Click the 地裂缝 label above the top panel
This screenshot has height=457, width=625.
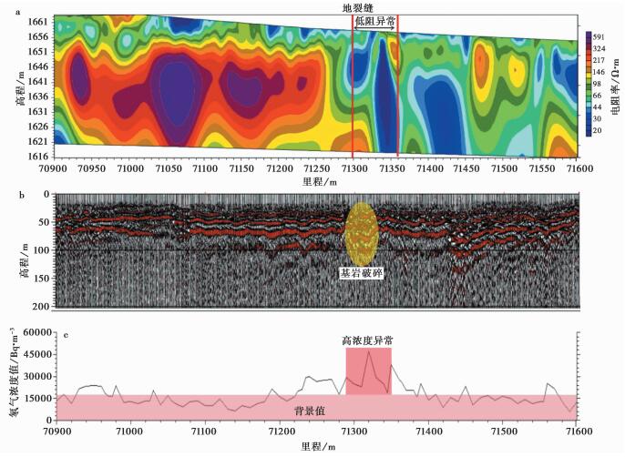(x=369, y=7)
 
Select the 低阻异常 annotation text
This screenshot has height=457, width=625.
(x=374, y=19)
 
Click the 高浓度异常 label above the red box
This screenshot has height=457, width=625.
(x=367, y=340)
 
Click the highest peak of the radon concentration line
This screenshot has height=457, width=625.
(x=369, y=351)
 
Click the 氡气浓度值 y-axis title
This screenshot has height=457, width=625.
(x=11, y=375)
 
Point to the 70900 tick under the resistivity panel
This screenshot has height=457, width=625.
(x=56, y=169)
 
